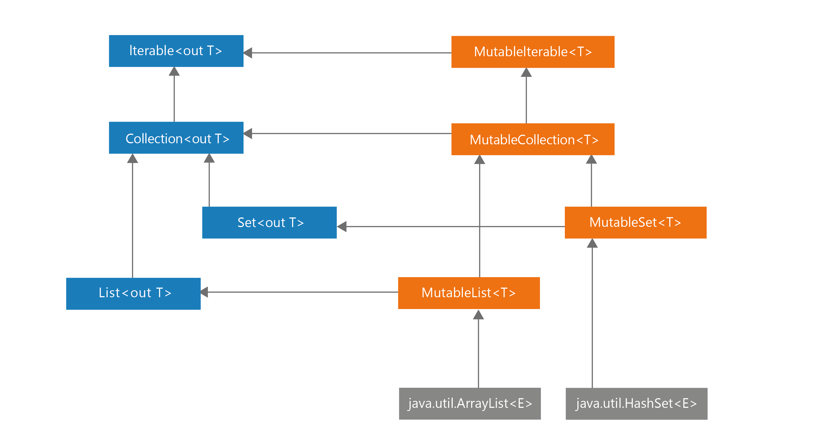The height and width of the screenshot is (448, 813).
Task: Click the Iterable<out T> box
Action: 176,51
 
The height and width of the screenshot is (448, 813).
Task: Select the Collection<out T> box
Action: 176,138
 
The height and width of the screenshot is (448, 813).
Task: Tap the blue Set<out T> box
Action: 269,223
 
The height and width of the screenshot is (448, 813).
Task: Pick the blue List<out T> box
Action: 133,293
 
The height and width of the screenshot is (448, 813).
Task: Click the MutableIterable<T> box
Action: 533,52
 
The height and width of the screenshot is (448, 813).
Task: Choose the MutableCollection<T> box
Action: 533,139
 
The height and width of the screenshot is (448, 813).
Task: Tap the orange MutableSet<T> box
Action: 635,223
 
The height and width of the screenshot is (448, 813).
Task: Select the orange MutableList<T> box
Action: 469,293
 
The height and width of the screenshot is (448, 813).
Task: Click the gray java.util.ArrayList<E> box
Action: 470,404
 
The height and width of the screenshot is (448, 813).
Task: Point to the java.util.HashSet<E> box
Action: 636,404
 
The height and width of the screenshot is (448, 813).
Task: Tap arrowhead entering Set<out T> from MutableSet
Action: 342,226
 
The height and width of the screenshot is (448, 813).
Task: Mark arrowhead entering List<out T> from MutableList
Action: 205,292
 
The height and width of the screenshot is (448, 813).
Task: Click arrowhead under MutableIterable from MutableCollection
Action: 526,73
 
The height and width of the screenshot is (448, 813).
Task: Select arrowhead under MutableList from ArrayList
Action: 478,314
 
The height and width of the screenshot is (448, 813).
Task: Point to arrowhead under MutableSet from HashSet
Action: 592,243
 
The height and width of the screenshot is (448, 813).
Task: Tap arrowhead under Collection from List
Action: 133,159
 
